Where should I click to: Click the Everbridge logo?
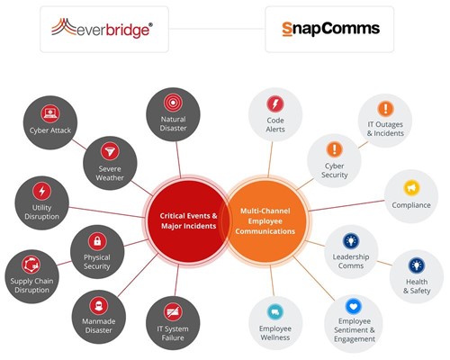point(102,28)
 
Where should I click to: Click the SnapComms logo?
point(331,29)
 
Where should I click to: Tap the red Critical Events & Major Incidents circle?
point(188,220)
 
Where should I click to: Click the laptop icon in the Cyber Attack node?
point(50,113)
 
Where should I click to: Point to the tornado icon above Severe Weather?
point(110,151)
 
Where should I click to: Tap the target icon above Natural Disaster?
point(173,103)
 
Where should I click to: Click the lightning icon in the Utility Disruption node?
point(42,191)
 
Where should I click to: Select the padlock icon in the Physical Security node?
point(97,241)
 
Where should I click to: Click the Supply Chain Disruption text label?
point(31,285)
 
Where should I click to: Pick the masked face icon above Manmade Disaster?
point(98,306)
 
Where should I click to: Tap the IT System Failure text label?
point(173,333)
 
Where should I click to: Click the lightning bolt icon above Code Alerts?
point(275,104)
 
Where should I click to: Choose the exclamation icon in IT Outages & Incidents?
point(385,109)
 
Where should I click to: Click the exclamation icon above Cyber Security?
point(334,149)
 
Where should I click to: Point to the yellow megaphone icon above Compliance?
point(411,188)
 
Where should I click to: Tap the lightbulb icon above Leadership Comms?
point(351,241)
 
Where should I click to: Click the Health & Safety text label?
point(417,286)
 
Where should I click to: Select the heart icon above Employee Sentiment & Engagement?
point(354,307)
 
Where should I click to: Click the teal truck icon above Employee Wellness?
point(275,312)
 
